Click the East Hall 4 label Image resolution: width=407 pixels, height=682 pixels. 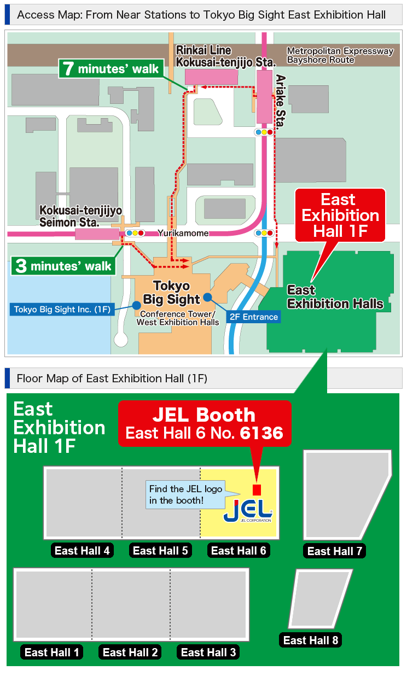(82, 551)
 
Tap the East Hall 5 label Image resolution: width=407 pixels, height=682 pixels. (160, 551)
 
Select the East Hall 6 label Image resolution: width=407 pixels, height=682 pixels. (239, 551)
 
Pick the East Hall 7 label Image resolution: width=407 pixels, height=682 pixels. (334, 551)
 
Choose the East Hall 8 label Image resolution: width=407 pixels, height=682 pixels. (310, 640)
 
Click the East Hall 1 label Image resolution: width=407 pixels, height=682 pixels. (52, 652)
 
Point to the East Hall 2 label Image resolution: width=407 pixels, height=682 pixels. (130, 652)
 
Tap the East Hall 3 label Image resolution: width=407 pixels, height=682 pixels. (208, 652)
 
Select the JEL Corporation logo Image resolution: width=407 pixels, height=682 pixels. (248, 510)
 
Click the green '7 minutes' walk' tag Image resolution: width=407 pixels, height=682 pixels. (111, 68)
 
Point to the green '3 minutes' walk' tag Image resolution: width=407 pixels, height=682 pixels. (64, 266)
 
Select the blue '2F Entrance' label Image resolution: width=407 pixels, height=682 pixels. (253, 317)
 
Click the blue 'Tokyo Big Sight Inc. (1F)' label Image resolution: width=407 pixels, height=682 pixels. (62, 310)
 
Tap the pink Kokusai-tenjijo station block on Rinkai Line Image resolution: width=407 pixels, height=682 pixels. (211, 77)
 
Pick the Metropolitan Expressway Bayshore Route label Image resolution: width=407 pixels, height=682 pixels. (340, 55)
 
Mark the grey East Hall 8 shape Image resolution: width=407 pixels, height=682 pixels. (320, 598)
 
